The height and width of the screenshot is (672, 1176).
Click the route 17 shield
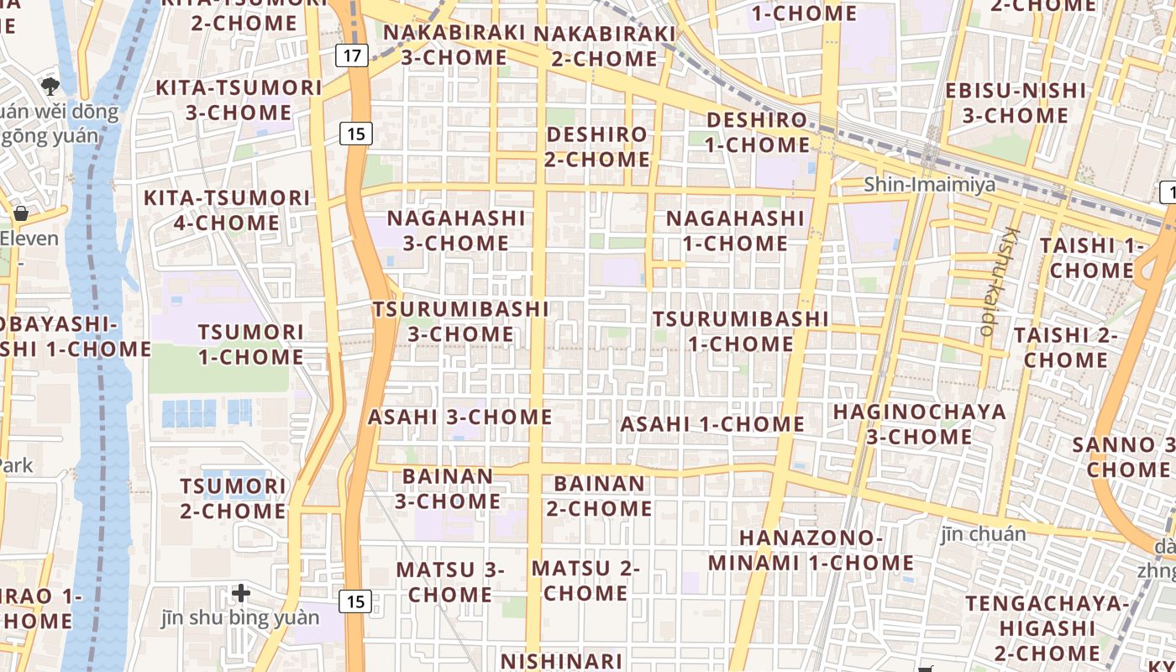point(352,56)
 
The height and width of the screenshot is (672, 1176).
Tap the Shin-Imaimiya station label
point(930,185)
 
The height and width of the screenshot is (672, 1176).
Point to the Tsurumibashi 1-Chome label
point(740,331)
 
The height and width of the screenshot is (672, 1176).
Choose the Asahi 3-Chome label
point(460,417)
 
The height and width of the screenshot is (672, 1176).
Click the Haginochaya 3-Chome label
point(919,424)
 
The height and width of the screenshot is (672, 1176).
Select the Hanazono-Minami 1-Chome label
point(811,550)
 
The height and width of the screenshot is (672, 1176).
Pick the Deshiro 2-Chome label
point(597,146)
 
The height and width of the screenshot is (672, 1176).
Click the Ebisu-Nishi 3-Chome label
point(1016,102)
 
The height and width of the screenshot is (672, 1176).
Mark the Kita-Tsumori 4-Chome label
point(227,210)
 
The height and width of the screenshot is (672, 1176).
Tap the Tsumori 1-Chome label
point(250,344)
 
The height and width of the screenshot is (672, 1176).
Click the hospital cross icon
point(241,594)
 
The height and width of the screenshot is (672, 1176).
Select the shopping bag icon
point(21,213)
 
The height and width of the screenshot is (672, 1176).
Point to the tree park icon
point(50,85)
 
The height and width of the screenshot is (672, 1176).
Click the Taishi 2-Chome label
point(1065,348)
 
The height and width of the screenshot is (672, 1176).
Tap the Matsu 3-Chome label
point(449,581)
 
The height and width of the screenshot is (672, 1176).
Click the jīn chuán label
point(983,533)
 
